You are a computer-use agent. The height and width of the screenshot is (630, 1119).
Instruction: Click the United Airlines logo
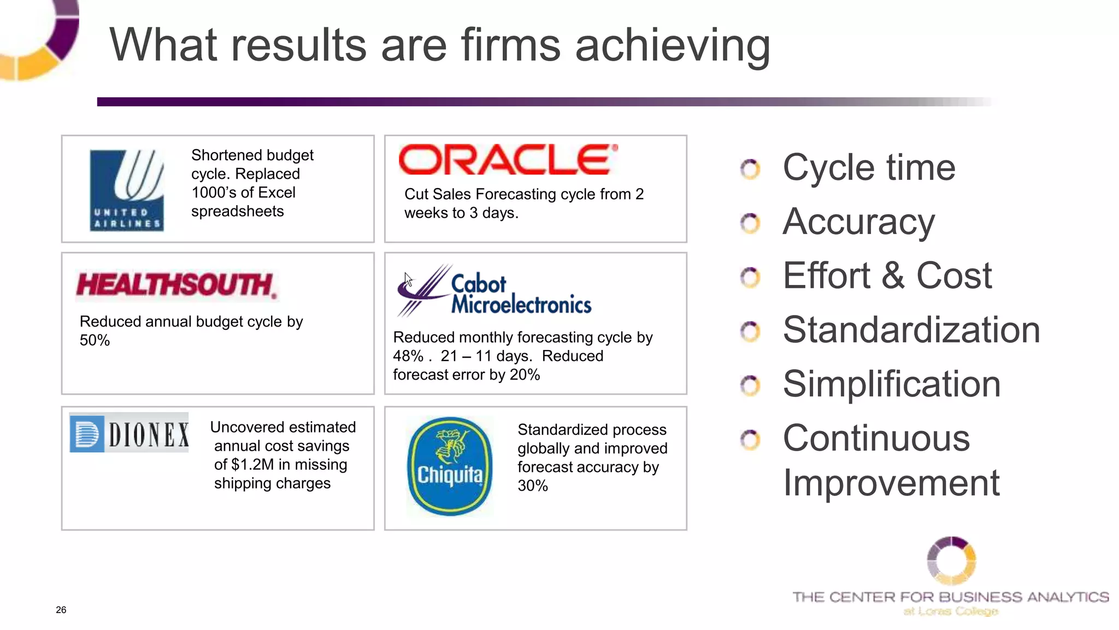pyautogui.click(x=127, y=190)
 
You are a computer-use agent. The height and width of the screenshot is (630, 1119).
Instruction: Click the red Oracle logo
pyautogui.click(x=508, y=160)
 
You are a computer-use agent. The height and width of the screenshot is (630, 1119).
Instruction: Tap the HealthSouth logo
pyautogui.click(x=176, y=285)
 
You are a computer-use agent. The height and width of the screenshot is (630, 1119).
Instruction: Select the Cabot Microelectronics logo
pyautogui.click(x=494, y=291)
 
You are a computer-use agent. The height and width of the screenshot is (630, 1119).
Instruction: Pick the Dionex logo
pyautogui.click(x=129, y=433)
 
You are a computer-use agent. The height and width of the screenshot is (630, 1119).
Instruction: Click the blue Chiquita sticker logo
pyautogui.click(x=450, y=466)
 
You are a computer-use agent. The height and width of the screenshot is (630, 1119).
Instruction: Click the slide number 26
pyautogui.click(x=61, y=610)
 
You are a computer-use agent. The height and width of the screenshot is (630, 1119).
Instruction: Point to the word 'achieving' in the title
pyautogui.click(x=673, y=45)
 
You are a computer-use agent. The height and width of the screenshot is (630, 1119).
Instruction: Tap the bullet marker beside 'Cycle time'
pyautogui.click(x=750, y=169)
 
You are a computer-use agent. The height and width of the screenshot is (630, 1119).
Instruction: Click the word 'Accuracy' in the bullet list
pyautogui.click(x=858, y=222)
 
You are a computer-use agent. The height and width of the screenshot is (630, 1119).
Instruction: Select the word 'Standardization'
pyautogui.click(x=911, y=330)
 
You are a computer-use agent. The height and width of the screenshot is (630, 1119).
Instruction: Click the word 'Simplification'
pyautogui.click(x=891, y=384)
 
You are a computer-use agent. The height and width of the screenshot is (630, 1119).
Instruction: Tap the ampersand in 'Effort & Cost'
pyautogui.click(x=893, y=276)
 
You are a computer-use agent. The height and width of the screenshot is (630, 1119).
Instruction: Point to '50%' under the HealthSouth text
pyautogui.click(x=95, y=341)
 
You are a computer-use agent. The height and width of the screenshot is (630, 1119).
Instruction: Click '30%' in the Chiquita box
pyautogui.click(x=532, y=486)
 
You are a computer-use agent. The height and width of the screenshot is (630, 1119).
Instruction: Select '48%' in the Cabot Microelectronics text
pyautogui.click(x=408, y=356)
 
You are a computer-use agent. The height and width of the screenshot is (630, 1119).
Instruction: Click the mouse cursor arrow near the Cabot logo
pyautogui.click(x=408, y=279)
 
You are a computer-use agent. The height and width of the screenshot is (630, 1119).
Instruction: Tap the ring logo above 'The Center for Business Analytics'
pyautogui.click(x=951, y=561)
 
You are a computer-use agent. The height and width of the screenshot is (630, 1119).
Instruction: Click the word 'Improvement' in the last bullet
pyautogui.click(x=891, y=483)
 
